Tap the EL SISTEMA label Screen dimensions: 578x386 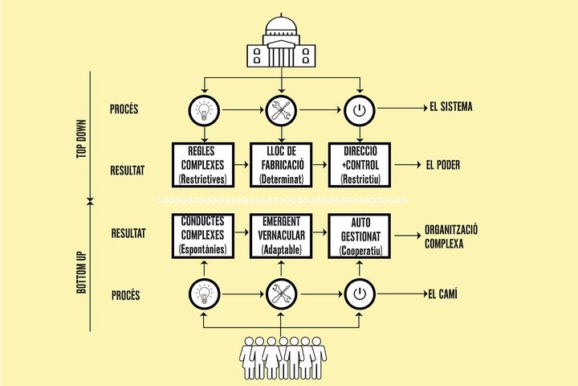click(x=451, y=107)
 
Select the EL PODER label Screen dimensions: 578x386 click(x=443, y=165)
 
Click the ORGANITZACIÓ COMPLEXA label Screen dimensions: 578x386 click(x=451, y=236)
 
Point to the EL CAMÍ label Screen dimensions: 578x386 click(x=442, y=294)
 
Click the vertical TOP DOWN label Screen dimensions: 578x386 click(x=81, y=139)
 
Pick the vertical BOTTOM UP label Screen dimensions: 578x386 click(x=81, y=273)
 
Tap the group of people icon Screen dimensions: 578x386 click(x=283, y=358)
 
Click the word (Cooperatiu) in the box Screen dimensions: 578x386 click(x=360, y=251)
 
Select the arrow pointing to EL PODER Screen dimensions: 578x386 click(x=408, y=165)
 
